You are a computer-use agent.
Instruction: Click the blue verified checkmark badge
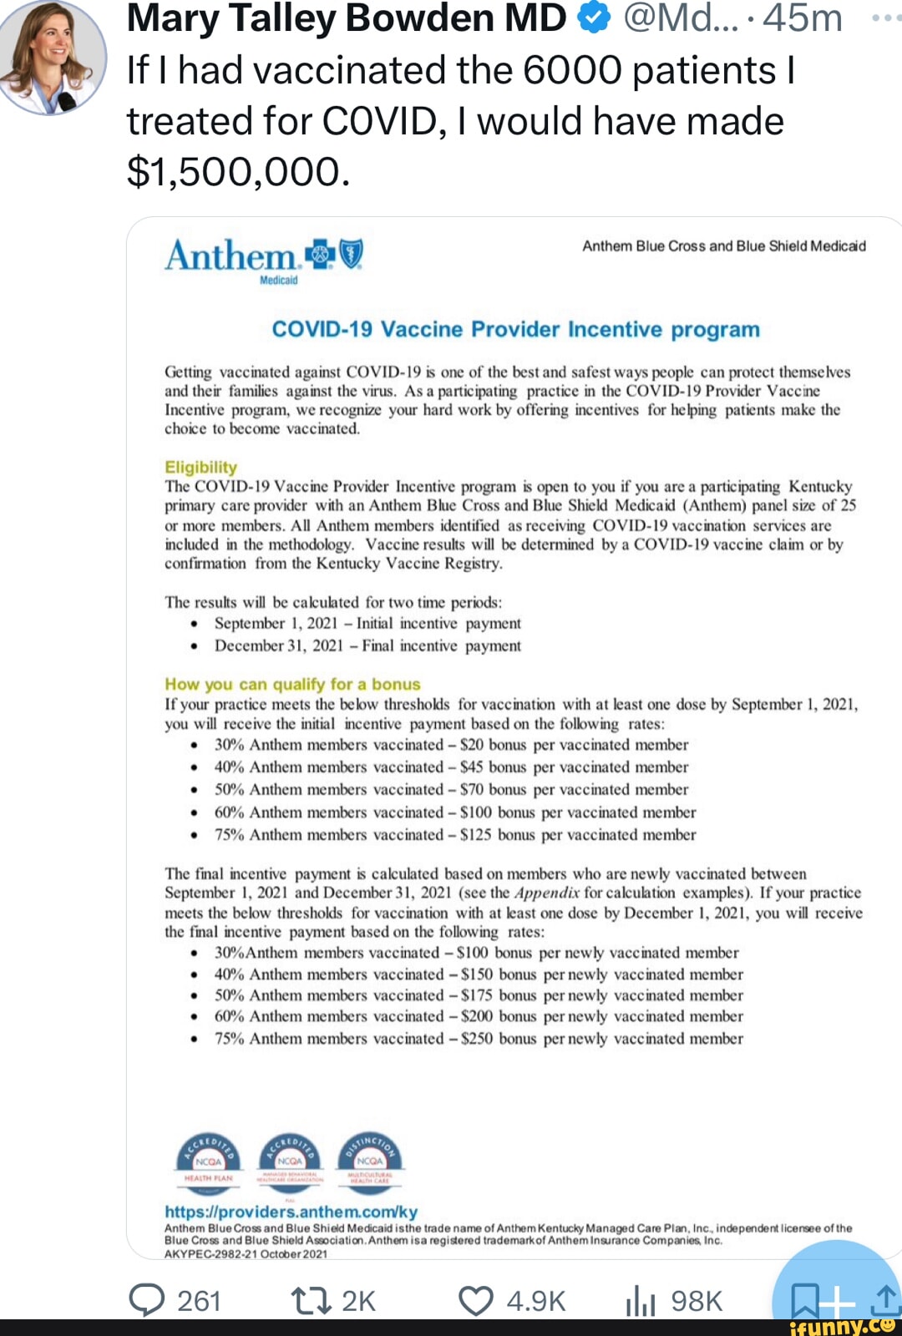pyautogui.click(x=594, y=18)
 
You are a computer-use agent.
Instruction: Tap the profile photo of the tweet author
pyautogui.click(x=53, y=56)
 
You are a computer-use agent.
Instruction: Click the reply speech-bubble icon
pyautogui.click(x=147, y=1299)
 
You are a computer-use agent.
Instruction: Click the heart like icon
pyautogui.click(x=476, y=1300)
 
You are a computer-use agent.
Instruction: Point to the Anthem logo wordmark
pyautogui.click(x=231, y=256)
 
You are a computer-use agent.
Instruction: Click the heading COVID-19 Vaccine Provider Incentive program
pyautogui.click(x=515, y=329)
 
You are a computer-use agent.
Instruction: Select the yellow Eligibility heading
pyautogui.click(x=200, y=467)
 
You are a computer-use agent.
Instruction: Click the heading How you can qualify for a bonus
pyautogui.click(x=292, y=684)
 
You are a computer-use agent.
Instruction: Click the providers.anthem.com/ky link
pyautogui.click(x=291, y=1212)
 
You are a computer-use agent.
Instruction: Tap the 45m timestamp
pyautogui.click(x=802, y=18)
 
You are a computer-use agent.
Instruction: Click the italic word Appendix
pyautogui.click(x=547, y=893)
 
